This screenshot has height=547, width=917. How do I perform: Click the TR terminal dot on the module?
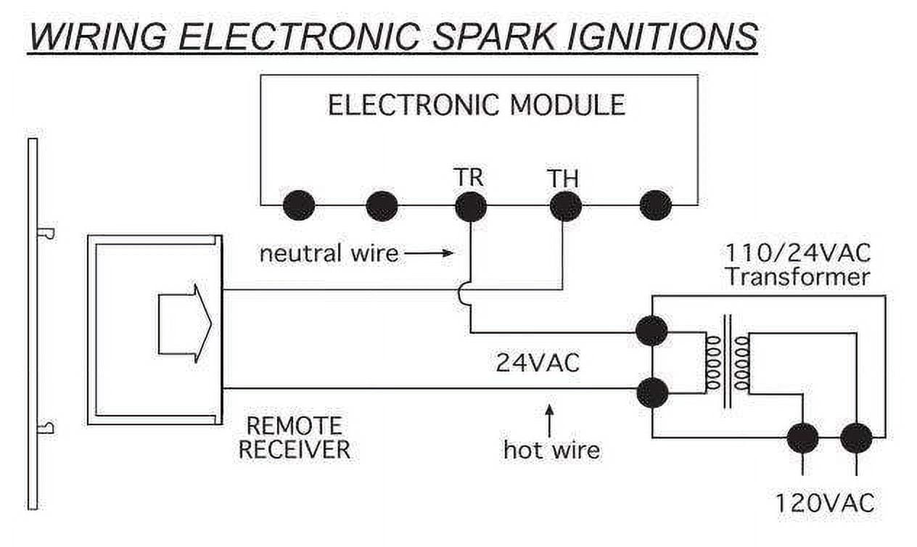pos(471,206)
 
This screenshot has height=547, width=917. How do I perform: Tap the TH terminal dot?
pos(565,206)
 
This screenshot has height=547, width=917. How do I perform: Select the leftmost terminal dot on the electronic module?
pos(299,205)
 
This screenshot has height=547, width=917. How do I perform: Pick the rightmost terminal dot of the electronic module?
pos(655,205)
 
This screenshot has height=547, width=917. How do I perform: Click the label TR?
pos(469,177)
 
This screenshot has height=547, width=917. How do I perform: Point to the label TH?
pos(563,178)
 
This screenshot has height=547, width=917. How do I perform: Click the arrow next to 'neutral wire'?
pos(429,253)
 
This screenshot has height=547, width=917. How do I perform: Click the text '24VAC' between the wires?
pos(538,363)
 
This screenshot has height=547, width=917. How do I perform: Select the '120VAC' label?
pos(825,503)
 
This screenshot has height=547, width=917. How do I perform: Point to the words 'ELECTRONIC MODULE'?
pos(477,104)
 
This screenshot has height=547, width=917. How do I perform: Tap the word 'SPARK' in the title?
pos(493,36)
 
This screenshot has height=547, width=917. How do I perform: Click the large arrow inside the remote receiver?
pos(185,324)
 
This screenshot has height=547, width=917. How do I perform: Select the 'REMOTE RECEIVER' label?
pos(294,437)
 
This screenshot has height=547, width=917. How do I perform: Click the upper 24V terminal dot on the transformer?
pos(651,331)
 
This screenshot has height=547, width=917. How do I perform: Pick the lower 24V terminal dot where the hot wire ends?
pos(652,392)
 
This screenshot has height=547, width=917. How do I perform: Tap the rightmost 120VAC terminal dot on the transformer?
pos(856,438)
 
